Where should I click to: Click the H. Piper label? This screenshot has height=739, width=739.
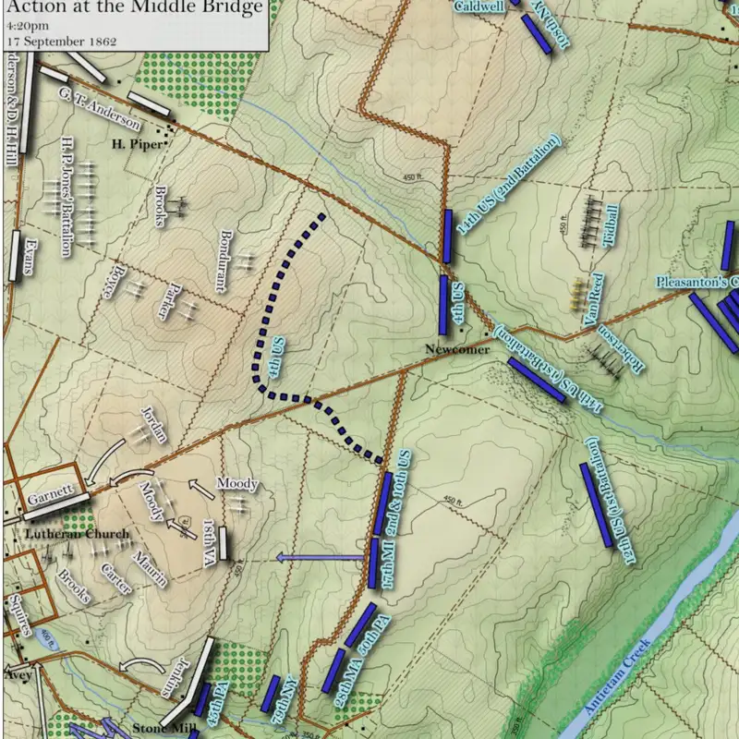[137, 144]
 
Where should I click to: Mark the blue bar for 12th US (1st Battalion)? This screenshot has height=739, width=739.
[597, 504]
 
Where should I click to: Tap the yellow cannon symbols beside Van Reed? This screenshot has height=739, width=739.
[577, 294]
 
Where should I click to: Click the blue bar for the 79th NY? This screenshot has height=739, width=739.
[271, 693]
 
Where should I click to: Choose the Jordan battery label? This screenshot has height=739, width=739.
[153, 423]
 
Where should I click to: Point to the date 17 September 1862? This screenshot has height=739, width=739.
[53, 40]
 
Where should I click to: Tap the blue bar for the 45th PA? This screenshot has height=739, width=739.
[200, 700]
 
